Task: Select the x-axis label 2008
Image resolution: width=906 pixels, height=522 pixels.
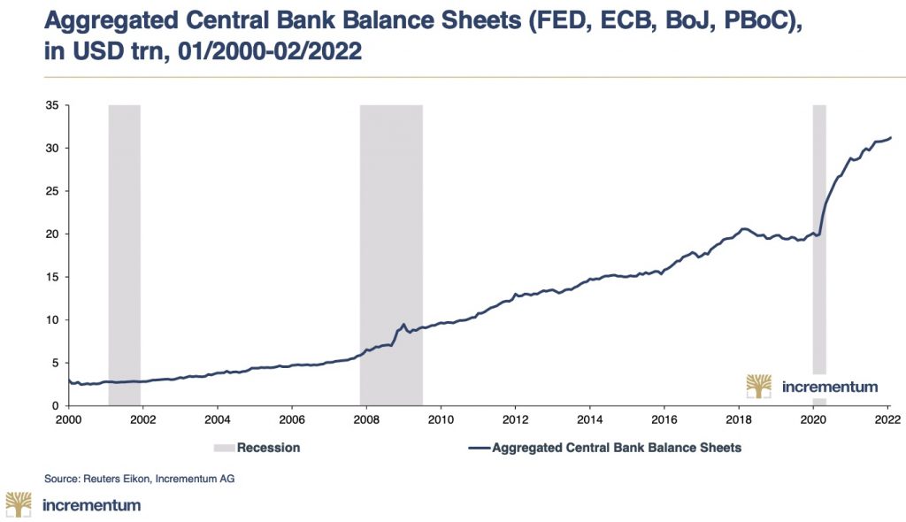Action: [x=366, y=419]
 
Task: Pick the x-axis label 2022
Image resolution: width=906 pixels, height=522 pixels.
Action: [x=888, y=419]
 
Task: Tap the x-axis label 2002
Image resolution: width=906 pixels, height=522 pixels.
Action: [x=142, y=419]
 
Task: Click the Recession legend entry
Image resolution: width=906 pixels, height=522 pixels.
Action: [x=267, y=448]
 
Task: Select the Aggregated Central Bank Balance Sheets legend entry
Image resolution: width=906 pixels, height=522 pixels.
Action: [x=617, y=448]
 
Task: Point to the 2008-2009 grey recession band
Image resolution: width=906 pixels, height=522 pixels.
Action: [x=390, y=221]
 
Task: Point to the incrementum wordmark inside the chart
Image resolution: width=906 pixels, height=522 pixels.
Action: [x=830, y=387]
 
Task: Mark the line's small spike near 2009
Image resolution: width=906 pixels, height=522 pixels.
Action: [x=403, y=325]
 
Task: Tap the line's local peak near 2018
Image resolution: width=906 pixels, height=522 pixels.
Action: [x=744, y=228]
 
